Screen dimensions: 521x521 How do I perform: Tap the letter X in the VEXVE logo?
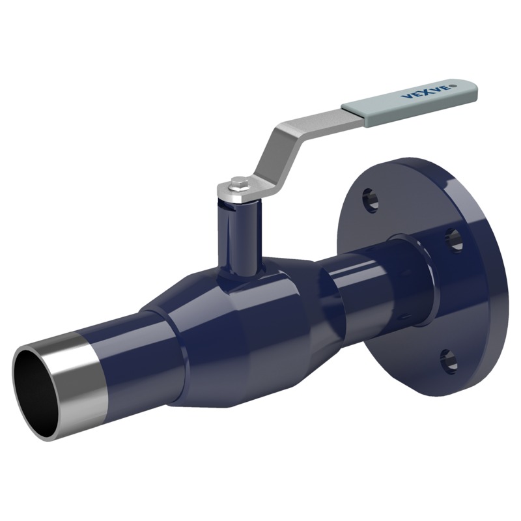point(421,94)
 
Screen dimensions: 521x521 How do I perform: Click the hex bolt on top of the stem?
point(238,184)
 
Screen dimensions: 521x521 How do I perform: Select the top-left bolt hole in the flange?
point(370,199)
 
